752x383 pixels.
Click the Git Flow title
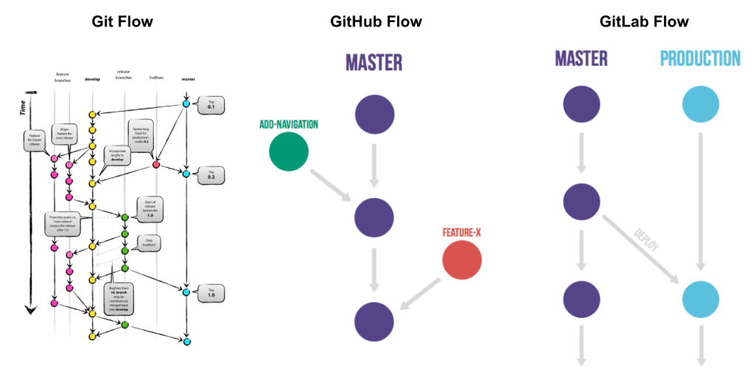pyautogui.click(x=122, y=21)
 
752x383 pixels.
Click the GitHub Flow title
pyautogui.click(x=376, y=21)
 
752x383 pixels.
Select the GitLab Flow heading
pyautogui.click(x=634, y=21)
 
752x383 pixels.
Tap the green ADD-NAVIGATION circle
pyautogui.click(x=289, y=152)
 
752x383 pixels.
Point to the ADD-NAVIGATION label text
pyautogui.click(x=288, y=124)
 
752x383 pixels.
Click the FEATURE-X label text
pyautogui.click(x=462, y=232)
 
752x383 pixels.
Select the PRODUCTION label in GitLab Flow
pyautogui.click(x=700, y=58)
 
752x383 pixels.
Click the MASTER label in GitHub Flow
pyautogui.click(x=374, y=61)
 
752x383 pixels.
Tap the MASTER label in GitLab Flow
pyautogui.click(x=581, y=58)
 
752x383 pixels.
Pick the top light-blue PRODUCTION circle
pyautogui.click(x=700, y=104)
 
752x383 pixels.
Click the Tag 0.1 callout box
pyautogui.click(x=210, y=105)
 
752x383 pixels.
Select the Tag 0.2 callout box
pyautogui.click(x=210, y=174)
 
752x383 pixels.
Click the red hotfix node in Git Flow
pyautogui.click(x=156, y=164)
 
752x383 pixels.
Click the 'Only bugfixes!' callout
pyautogui.click(x=149, y=243)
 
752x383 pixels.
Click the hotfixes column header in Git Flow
pyautogui.click(x=155, y=78)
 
